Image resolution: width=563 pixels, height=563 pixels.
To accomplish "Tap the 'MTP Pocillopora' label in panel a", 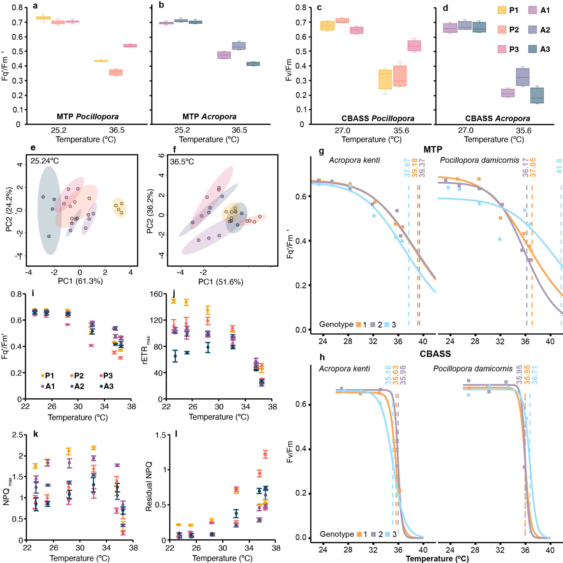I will click(88, 117).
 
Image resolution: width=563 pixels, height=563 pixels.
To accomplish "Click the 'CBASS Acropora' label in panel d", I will click(497, 119).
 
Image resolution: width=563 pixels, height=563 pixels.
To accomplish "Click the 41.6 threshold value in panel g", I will click(559, 166).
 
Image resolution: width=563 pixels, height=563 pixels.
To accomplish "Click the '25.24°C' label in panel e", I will click(45, 161).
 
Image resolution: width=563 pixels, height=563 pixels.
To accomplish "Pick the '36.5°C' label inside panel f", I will click(182, 161).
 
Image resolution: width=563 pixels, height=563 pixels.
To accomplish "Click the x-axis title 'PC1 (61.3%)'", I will click(80, 281).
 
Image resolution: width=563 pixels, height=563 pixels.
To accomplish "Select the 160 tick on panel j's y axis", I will click(156, 294).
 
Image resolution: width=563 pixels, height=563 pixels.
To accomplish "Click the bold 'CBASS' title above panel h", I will click(435, 354).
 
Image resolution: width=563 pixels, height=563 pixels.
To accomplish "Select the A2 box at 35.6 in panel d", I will click(523, 77).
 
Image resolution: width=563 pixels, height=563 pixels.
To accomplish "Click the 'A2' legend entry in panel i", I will click(77, 386).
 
